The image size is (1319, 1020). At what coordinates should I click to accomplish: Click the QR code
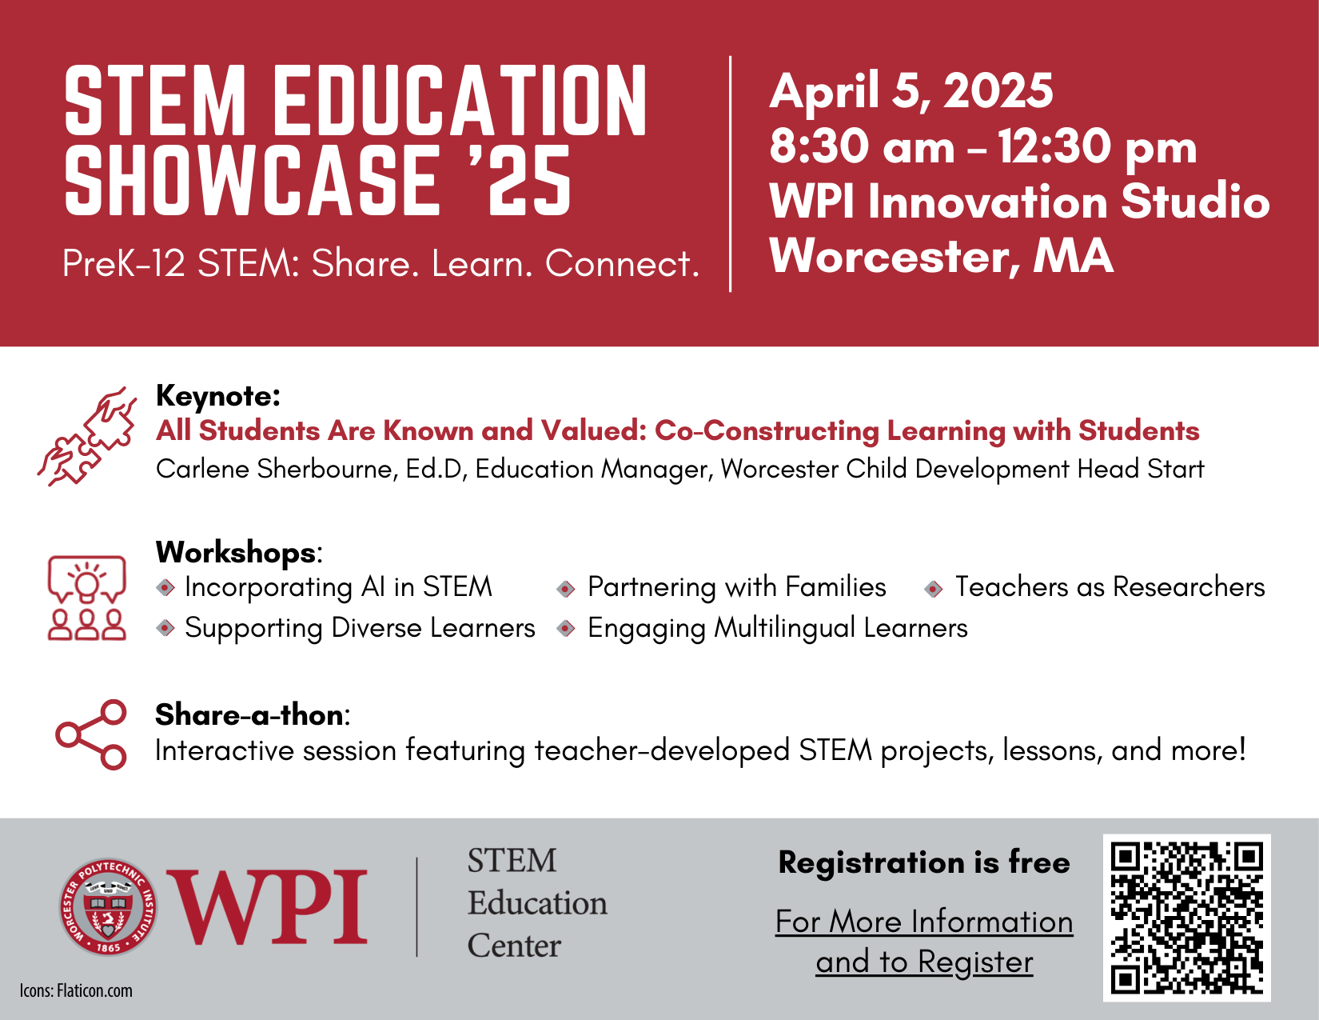tap(1186, 918)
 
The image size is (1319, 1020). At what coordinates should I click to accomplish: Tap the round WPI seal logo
tap(108, 908)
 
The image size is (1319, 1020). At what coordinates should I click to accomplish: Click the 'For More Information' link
tap(924, 922)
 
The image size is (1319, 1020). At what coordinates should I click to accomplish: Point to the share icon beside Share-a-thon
tap(91, 734)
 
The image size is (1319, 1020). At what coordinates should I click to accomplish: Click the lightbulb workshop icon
tap(87, 598)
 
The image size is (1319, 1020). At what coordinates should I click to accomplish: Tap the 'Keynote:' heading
tap(218, 396)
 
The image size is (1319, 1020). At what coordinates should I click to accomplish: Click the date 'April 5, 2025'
tap(911, 90)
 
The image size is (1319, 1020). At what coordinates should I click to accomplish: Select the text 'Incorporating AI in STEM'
tap(338, 587)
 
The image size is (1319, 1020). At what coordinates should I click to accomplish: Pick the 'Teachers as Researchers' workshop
tap(1110, 587)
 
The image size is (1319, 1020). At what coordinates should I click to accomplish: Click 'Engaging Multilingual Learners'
tap(777, 628)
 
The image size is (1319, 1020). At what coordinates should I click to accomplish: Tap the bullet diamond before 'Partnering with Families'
tap(566, 589)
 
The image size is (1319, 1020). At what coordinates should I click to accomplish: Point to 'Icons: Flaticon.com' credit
tap(76, 990)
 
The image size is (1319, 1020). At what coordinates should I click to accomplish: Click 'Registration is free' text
tap(923, 862)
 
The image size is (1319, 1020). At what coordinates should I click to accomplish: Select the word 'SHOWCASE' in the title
tap(251, 181)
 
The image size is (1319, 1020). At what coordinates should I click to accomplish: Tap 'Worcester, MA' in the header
tap(941, 256)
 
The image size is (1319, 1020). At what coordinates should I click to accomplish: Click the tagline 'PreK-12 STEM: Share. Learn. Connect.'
tap(381, 263)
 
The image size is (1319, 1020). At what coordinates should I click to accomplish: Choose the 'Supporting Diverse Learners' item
tap(360, 628)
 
